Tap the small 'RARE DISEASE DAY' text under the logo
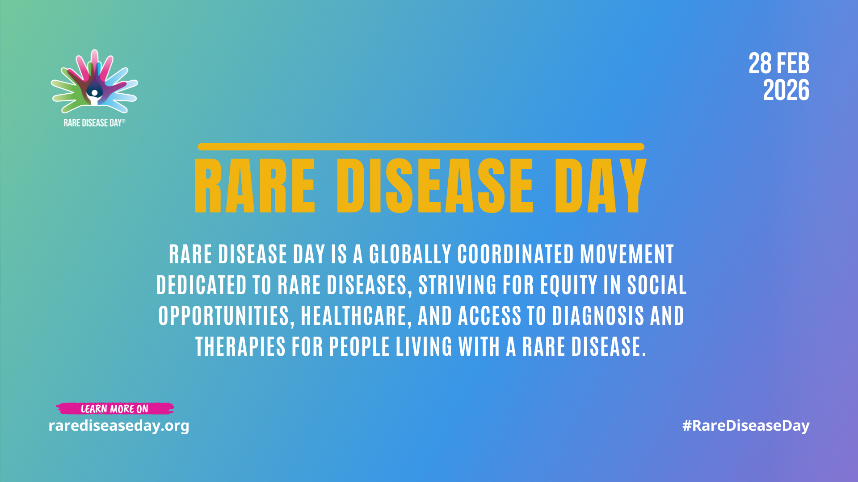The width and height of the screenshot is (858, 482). [94, 123]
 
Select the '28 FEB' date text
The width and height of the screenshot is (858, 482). [779, 63]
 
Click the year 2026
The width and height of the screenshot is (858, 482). [786, 90]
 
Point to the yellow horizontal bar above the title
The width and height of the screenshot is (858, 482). [421, 147]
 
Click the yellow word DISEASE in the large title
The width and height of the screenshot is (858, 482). [435, 185]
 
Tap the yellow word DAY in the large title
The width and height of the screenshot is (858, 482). [601, 185]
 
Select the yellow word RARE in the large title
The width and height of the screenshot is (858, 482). [255, 185]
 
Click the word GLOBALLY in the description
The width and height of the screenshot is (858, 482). [410, 254]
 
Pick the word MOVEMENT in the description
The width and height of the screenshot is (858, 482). [627, 254]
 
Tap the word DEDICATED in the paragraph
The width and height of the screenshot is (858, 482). [201, 285]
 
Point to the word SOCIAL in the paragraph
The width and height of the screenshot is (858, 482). [657, 285]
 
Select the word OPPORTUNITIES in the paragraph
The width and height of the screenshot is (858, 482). [226, 316]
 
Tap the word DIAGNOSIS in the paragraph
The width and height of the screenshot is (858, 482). [598, 316]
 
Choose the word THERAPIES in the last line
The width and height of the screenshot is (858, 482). [240, 346]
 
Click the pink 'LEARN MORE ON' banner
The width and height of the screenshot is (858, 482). [115, 409]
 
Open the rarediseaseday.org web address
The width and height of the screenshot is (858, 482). [119, 426]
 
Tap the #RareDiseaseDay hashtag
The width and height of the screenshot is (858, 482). [746, 426]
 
